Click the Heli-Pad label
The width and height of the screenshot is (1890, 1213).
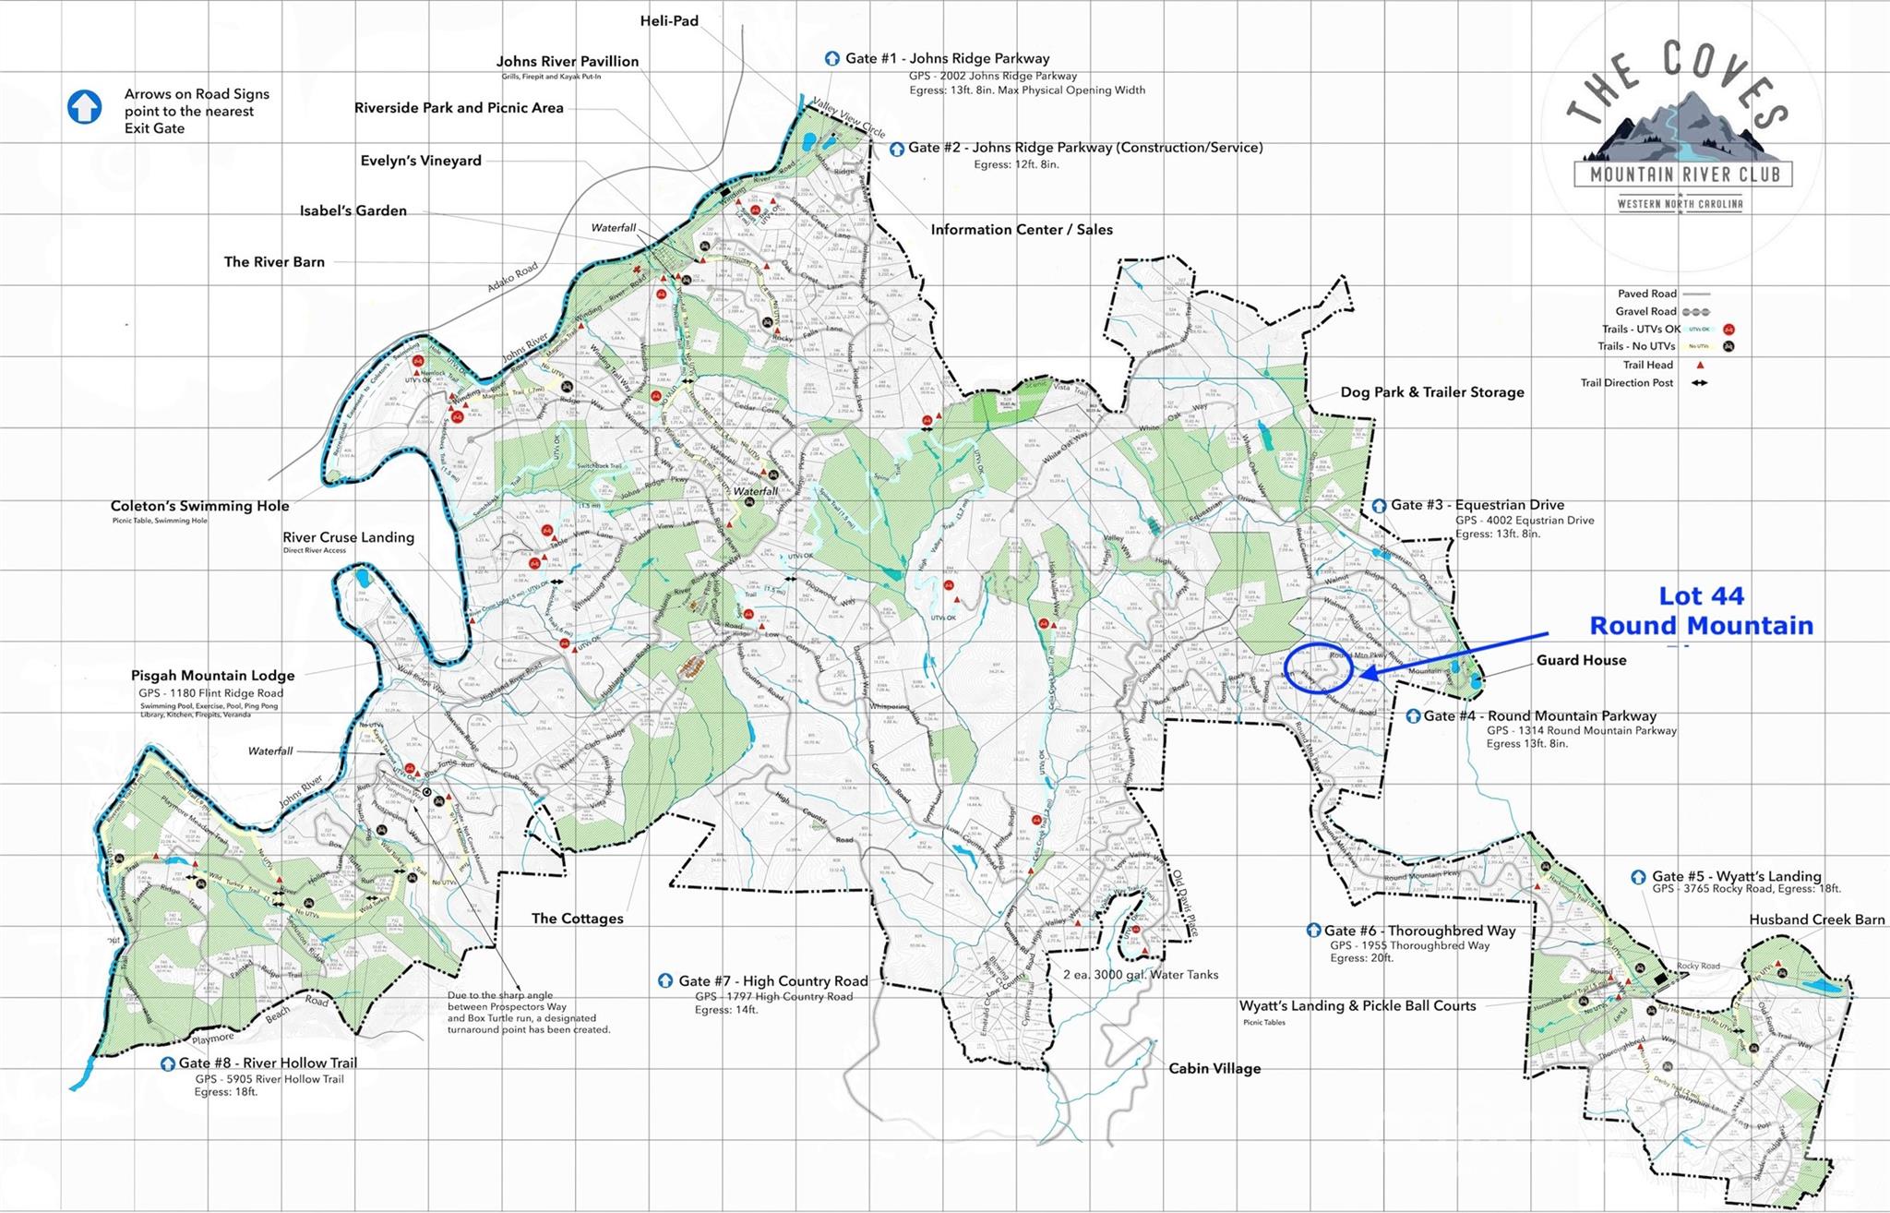click(669, 20)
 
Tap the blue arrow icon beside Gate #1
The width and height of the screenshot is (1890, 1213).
click(831, 58)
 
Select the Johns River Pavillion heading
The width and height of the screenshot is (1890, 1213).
click(568, 61)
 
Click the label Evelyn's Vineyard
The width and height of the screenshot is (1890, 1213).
click(421, 161)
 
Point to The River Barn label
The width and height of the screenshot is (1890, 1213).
click(274, 262)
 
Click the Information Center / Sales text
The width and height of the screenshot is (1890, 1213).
click(1022, 230)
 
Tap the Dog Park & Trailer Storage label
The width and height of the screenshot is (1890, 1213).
click(1431, 392)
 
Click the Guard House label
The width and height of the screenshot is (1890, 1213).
click(1581, 660)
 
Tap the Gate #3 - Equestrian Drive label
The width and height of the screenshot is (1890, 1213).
click(1477, 505)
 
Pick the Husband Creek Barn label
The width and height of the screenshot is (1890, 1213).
click(1816, 919)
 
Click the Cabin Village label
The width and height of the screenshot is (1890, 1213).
click(1214, 1069)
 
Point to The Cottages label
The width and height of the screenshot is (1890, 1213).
click(577, 919)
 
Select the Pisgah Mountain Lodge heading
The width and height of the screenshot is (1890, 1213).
click(212, 676)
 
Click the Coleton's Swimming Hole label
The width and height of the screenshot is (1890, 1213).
click(199, 506)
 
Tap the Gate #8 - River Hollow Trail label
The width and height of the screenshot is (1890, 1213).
click(268, 1063)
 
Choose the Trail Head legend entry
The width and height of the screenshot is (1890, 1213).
click(1647, 365)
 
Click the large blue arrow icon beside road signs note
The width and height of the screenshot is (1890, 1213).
click(84, 107)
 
